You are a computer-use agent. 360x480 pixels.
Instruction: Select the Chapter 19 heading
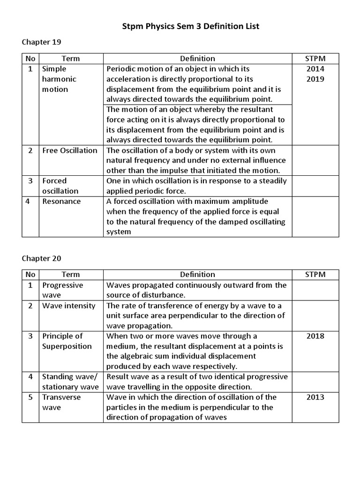[x=41, y=42]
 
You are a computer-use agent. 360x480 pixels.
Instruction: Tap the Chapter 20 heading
[x=41, y=258]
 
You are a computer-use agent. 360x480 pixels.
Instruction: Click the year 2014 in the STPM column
[x=315, y=69]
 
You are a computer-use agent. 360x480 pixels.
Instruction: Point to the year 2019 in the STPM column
[x=315, y=79]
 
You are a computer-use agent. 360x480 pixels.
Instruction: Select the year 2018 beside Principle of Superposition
[x=315, y=336]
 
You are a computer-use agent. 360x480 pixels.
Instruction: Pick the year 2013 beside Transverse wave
[x=315, y=397]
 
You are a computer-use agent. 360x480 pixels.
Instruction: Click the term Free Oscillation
[x=69, y=150]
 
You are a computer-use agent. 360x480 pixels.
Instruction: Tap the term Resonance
[x=61, y=202]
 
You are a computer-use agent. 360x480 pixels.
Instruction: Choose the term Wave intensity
[x=68, y=306]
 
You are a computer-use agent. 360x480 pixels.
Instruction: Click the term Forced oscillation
[x=60, y=186]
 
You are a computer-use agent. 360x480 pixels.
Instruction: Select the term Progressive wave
[x=62, y=290]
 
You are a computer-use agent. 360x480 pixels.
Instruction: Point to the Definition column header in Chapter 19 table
[x=197, y=59]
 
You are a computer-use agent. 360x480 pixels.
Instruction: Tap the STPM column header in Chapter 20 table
[x=315, y=275]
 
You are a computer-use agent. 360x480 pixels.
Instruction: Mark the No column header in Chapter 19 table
[x=30, y=59]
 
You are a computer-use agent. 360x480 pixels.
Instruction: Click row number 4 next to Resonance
[x=30, y=202]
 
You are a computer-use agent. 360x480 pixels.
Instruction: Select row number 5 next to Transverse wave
[x=30, y=397]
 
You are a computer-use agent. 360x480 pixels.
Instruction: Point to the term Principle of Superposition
[x=67, y=341]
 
